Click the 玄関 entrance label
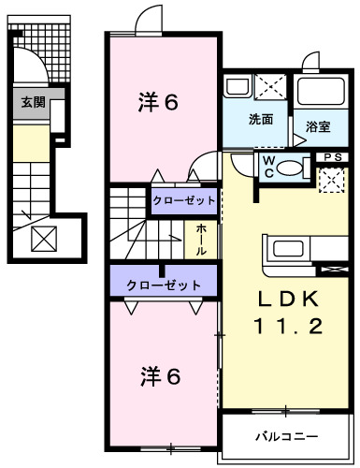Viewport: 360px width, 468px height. [33, 103]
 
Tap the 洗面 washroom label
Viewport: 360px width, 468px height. [261, 120]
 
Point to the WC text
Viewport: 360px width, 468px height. [267, 166]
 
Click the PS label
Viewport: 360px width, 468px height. [331, 157]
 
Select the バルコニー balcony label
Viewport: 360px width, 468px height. [287, 436]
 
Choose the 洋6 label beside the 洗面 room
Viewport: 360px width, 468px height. [160, 102]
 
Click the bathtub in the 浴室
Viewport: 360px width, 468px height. [321, 93]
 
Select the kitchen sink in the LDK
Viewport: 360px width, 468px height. [285, 251]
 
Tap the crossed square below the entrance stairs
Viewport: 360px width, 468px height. [44, 240]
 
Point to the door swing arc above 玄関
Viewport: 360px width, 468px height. [36, 67]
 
